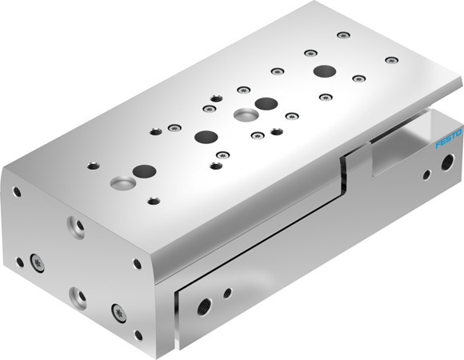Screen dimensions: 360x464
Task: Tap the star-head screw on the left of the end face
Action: (x=36, y=260)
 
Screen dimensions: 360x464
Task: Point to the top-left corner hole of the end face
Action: (x=16, y=192)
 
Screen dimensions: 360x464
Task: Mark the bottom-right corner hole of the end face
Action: (x=138, y=335)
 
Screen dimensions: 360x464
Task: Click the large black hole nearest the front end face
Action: (x=144, y=170)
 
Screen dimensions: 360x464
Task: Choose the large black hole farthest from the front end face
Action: (x=323, y=71)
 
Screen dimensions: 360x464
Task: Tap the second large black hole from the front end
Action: (x=205, y=136)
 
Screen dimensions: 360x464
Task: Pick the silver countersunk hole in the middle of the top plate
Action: (x=242, y=115)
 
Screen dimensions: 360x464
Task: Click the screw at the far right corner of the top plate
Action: (x=390, y=60)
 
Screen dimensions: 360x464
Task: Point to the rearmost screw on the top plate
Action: (x=343, y=35)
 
